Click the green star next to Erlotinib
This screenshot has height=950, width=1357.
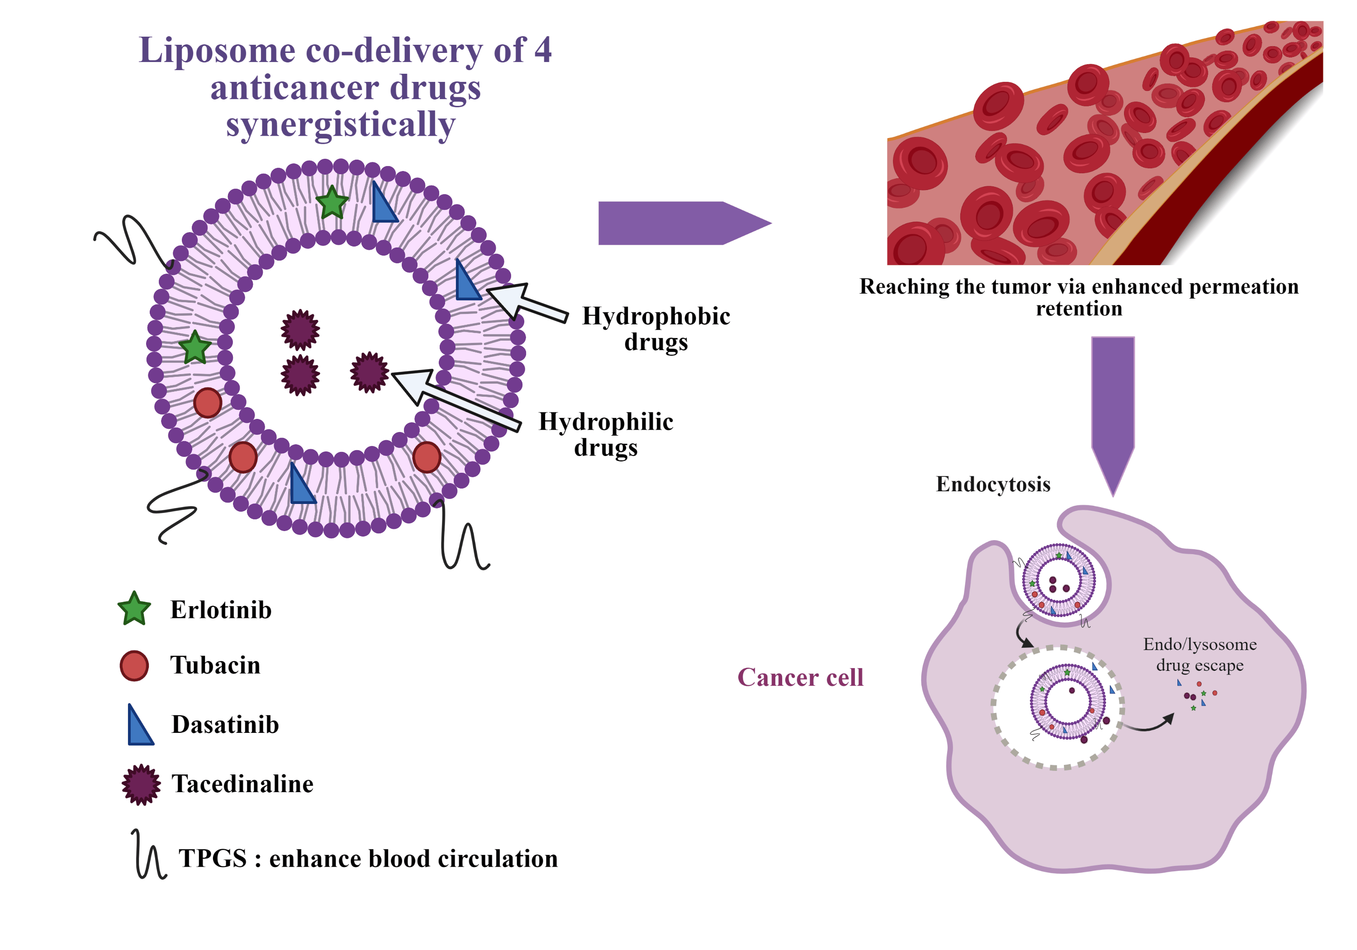tap(134, 609)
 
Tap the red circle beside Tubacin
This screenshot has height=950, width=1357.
tap(134, 665)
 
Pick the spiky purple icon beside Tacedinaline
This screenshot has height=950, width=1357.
tap(141, 784)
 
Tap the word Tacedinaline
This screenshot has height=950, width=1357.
tap(242, 784)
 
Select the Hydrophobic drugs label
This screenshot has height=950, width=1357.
tap(656, 329)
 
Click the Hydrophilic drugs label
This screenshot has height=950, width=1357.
tap(606, 434)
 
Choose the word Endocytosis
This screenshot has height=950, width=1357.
tap(993, 484)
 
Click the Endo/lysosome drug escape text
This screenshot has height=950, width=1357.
tap(1199, 655)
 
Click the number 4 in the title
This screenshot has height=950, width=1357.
tap(542, 50)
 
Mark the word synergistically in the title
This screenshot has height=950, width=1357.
tap(341, 125)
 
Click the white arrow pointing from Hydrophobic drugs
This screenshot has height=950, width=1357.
tap(526, 302)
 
